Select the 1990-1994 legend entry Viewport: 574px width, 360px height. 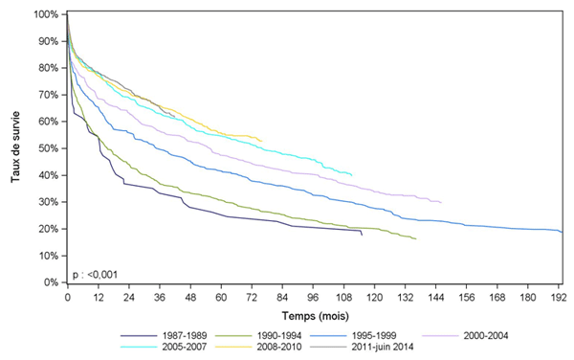pos(277,335)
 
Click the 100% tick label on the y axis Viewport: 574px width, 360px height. pos(45,15)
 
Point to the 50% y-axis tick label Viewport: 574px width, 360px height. pos(48,148)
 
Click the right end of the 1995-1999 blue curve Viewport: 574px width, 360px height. pos(562,232)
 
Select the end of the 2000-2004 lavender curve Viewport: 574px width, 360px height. pos(440,203)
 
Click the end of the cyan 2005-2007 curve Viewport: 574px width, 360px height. pos(352,175)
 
